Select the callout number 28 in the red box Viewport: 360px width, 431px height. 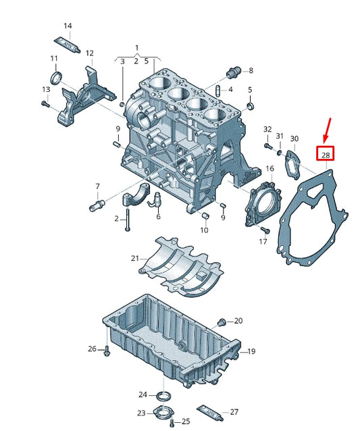click(x=326, y=155)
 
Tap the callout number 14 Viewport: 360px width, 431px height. click(x=68, y=26)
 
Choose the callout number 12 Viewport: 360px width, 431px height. click(x=89, y=53)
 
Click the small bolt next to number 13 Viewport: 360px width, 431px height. click(x=45, y=103)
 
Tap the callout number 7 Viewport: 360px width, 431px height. click(x=97, y=186)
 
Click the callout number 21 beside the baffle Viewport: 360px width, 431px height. click(x=135, y=258)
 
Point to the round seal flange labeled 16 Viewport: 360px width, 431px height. click(x=261, y=203)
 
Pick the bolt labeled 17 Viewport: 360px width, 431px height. click(x=262, y=231)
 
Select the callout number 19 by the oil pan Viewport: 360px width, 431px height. click(x=251, y=351)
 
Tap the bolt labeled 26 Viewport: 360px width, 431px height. click(x=107, y=350)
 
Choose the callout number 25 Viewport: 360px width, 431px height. click(x=186, y=422)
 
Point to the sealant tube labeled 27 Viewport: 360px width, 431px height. click(x=207, y=409)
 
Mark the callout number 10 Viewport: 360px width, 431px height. click(x=203, y=230)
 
